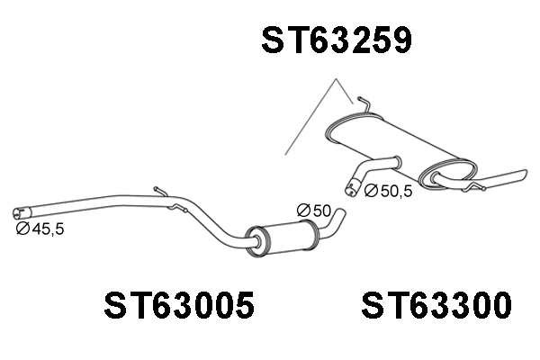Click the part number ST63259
337,40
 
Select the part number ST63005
179,305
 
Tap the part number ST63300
436,305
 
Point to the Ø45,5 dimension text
40,229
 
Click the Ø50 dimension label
314,211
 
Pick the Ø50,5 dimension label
388,191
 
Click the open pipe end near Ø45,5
17,213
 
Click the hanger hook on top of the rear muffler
364,104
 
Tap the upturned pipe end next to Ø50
340,212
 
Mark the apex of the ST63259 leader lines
336,79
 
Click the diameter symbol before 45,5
22,229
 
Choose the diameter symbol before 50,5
371,191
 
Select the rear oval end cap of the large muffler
448,174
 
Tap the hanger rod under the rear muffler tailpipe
474,186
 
